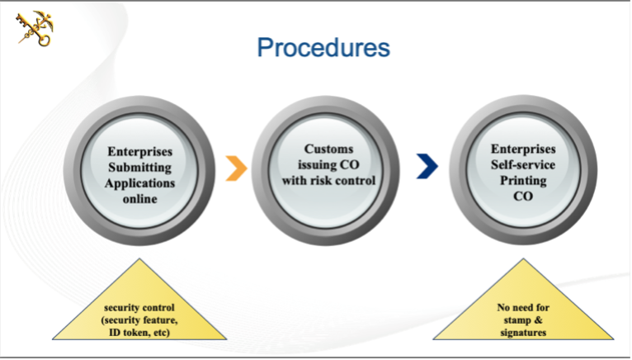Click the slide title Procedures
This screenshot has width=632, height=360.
[323, 48]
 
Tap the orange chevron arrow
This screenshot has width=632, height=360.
[236, 167]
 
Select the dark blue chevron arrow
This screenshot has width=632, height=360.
[427, 167]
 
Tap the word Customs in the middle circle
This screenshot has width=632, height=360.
[328, 149]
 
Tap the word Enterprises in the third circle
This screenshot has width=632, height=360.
[523, 149]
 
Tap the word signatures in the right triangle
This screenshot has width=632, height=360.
[523, 332]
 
